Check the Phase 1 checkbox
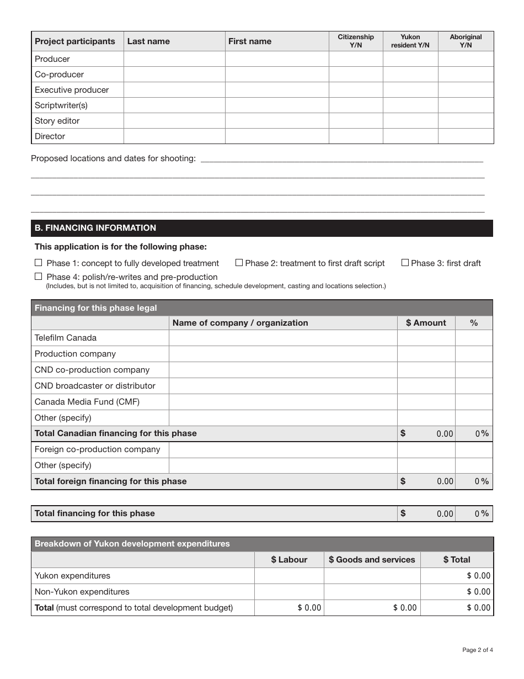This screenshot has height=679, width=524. pos(38,263)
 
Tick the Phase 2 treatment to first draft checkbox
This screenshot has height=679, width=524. pos(239,263)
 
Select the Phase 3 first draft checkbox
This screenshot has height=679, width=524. pos(405,263)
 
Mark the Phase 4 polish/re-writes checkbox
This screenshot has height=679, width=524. pos(38,277)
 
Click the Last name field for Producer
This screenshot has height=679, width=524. pos(174,59)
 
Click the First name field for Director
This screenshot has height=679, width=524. pos(277,136)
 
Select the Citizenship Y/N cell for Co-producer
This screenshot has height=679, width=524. pos(356,75)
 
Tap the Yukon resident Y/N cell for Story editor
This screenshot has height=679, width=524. pos(410,121)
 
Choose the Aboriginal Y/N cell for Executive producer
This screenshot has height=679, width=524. pos(466,90)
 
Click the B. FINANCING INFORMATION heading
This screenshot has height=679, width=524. pos(95,228)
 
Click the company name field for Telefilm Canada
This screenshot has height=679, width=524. pos(282,338)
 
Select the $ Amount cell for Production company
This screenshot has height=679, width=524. pos(426,354)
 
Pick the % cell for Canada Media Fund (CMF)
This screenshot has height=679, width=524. pos(474,402)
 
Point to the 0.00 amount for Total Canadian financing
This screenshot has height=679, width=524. pos(445,434)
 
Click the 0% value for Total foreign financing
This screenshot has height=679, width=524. pos(482,481)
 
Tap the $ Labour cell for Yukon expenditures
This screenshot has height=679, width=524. pos(289,576)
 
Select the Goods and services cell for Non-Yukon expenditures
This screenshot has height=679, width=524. pos(372,592)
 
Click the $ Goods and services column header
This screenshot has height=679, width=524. pos(372,560)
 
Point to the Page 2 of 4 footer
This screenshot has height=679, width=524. pos(478,650)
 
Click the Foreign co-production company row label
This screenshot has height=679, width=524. pos(97,449)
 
